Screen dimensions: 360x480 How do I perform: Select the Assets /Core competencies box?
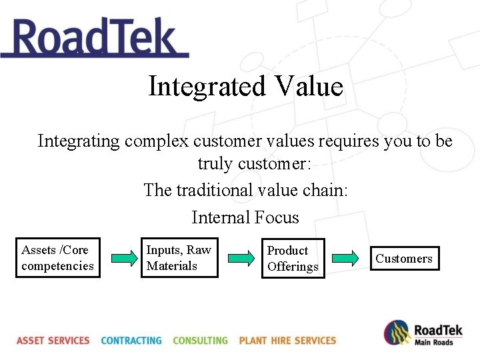(x=57, y=258)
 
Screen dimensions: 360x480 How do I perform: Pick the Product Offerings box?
(x=293, y=259)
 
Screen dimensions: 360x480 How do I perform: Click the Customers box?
(x=404, y=259)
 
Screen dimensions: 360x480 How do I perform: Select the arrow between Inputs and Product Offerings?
(x=240, y=259)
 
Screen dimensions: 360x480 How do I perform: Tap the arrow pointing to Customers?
(x=345, y=259)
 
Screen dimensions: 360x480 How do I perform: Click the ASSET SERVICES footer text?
(x=53, y=341)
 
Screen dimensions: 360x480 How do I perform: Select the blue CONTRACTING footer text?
(x=131, y=341)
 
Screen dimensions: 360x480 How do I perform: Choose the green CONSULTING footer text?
(x=200, y=341)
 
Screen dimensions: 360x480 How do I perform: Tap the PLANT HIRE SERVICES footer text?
(x=287, y=341)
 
